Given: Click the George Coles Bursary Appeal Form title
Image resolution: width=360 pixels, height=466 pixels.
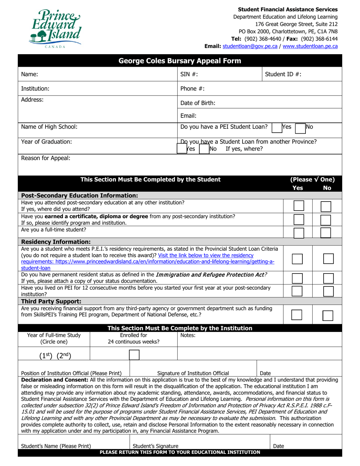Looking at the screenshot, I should (x=180, y=61).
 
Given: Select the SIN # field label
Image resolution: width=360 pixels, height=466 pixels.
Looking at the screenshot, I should (x=189, y=75).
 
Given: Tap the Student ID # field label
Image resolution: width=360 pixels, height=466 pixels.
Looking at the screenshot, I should (x=283, y=75).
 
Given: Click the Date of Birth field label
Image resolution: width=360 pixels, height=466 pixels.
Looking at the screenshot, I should (x=198, y=103).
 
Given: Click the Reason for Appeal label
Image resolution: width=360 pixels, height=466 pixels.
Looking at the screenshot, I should (x=45, y=158).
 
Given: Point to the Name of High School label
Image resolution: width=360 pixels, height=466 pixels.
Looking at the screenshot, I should (x=49, y=127).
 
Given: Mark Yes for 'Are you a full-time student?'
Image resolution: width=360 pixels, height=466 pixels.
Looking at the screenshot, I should (x=299, y=232).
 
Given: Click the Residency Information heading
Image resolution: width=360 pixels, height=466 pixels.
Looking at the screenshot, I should (x=56, y=241).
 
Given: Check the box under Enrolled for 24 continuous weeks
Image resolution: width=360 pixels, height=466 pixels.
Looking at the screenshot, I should (x=134, y=355).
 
